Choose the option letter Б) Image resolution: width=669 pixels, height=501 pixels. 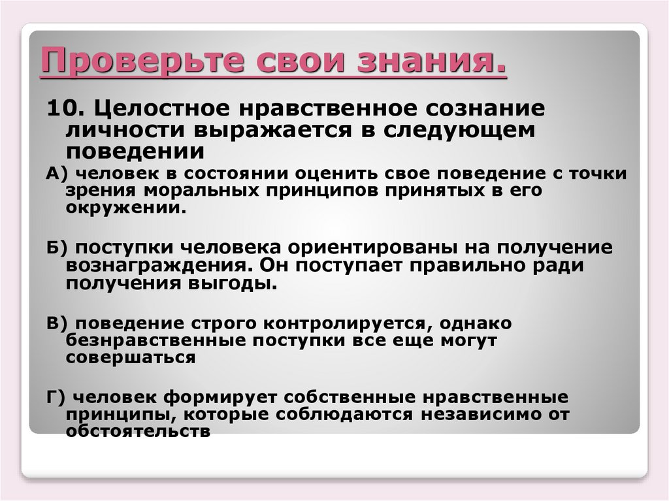(x=54, y=250)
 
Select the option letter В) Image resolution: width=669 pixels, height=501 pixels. (x=54, y=324)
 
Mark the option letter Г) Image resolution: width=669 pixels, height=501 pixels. (x=54, y=398)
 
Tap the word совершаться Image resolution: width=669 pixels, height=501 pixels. (x=131, y=358)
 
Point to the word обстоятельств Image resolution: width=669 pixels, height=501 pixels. (x=137, y=432)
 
